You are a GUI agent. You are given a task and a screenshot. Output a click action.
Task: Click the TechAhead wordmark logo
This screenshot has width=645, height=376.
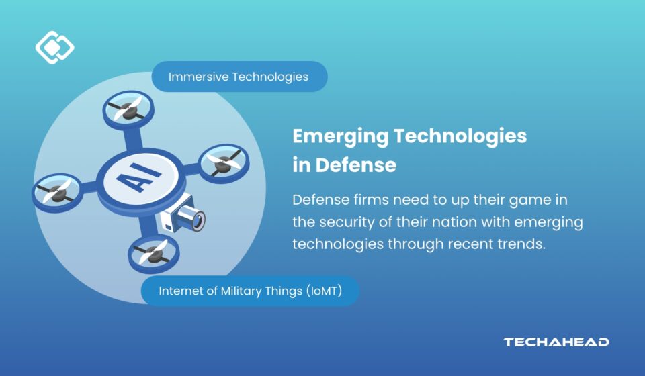click(556, 342)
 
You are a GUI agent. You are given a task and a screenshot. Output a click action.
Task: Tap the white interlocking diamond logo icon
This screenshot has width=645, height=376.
click(54, 47)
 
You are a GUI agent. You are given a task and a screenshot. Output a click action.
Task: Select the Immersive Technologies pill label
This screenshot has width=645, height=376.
click(239, 77)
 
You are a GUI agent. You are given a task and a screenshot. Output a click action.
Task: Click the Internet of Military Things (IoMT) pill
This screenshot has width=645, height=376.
click(250, 291)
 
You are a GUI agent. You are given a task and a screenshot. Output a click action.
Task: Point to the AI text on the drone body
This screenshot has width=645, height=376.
click(139, 177)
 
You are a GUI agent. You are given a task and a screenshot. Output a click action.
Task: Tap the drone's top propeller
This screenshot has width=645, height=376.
click(128, 109)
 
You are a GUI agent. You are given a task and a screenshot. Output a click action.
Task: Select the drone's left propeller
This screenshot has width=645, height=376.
click(58, 192)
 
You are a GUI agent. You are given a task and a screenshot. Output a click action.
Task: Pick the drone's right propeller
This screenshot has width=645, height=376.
click(224, 163)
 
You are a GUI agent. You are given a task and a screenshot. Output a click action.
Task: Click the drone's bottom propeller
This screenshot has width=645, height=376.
click(154, 254)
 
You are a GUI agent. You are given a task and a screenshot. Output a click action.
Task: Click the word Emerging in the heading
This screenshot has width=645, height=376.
click(340, 136)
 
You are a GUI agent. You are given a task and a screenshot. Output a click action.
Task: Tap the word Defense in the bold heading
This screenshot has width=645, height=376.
click(356, 165)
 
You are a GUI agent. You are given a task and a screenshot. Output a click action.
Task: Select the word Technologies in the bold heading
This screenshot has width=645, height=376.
click(460, 136)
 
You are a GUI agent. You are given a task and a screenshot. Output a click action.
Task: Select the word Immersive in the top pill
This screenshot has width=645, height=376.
click(198, 77)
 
